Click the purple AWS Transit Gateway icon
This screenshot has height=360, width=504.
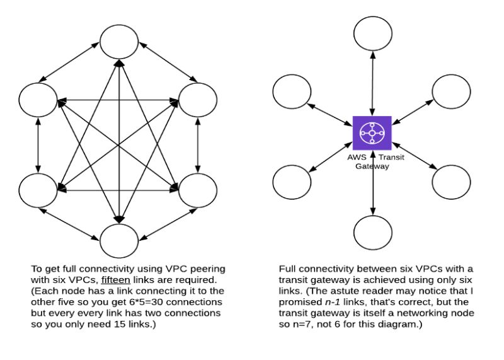(372, 133)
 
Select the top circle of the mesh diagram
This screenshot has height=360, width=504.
(118, 43)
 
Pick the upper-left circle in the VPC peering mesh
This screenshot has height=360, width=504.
(38, 99)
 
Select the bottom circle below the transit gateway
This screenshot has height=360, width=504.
(374, 231)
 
